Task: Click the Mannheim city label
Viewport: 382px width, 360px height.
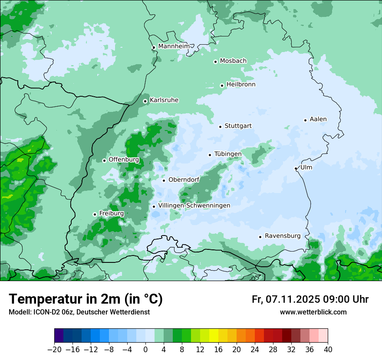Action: (174, 46)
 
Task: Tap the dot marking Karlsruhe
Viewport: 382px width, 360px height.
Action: (145, 101)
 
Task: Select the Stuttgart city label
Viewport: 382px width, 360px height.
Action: (238, 126)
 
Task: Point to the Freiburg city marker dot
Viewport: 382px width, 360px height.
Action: (95, 214)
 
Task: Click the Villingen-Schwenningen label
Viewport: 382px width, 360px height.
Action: (194, 205)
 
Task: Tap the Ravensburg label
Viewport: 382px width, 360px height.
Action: (282, 236)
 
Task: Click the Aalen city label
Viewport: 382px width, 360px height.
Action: (318, 119)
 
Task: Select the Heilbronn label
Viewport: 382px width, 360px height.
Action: (241, 84)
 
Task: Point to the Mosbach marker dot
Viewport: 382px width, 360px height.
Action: (215, 62)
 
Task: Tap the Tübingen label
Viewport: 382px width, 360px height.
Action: (228, 154)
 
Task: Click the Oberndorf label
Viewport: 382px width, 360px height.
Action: (184, 180)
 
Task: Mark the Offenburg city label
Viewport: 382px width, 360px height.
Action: (124, 159)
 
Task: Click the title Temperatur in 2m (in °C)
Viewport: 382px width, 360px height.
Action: (86, 299)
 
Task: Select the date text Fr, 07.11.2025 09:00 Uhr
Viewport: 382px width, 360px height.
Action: (310, 299)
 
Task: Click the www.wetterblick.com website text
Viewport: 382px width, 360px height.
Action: (313, 312)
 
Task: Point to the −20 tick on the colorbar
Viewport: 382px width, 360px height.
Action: (55, 349)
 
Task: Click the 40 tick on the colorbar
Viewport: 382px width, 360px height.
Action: (328, 349)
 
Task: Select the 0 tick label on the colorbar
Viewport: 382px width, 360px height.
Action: (145, 349)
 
